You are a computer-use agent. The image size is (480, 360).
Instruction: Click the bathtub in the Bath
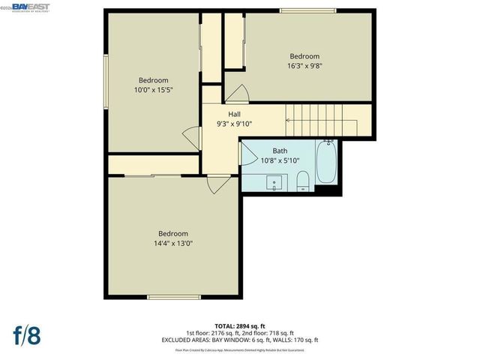327,162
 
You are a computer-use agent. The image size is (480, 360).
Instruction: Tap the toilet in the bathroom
303,180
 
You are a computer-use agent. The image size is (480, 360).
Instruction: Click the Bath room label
280,151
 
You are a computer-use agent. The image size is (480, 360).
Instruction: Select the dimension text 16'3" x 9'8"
305,66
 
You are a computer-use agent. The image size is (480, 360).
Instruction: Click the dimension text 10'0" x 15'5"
153,90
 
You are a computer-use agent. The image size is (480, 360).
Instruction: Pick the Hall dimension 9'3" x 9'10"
235,124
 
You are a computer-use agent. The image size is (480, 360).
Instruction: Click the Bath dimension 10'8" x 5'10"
280,160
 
